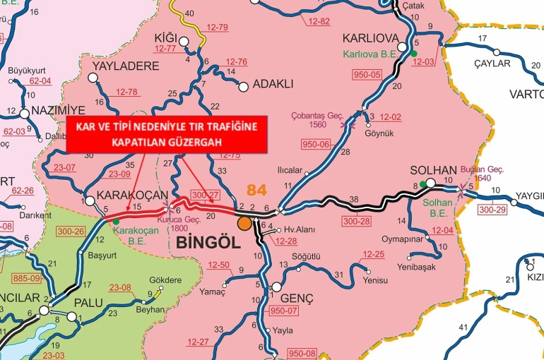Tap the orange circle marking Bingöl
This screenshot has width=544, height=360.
pyautogui.click(x=244, y=224)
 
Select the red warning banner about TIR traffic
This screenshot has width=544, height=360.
pyautogui.click(x=167, y=134)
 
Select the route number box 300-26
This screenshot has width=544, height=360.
pyautogui.click(x=71, y=231)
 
